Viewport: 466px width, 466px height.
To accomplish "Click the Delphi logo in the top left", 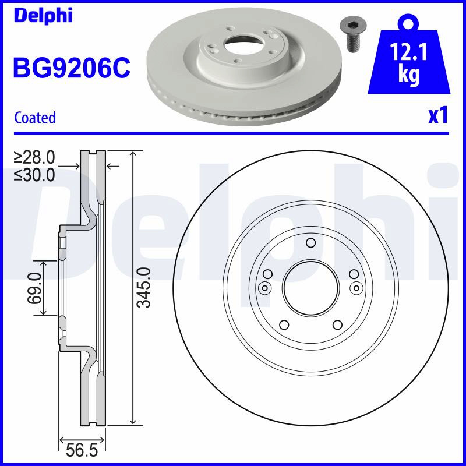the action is pyautogui.click(x=43, y=16).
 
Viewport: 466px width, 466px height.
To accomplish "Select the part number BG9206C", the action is pyautogui.click(x=72, y=68).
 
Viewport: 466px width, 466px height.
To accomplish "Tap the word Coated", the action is pyautogui.click(x=35, y=118).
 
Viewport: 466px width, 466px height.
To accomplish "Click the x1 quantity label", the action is pyautogui.click(x=437, y=115).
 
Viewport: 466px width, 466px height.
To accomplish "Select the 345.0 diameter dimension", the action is pyautogui.click(x=144, y=287).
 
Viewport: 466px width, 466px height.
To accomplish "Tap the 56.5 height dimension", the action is pyautogui.click(x=82, y=450).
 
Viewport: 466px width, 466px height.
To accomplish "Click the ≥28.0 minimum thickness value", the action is pyautogui.click(x=34, y=157).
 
